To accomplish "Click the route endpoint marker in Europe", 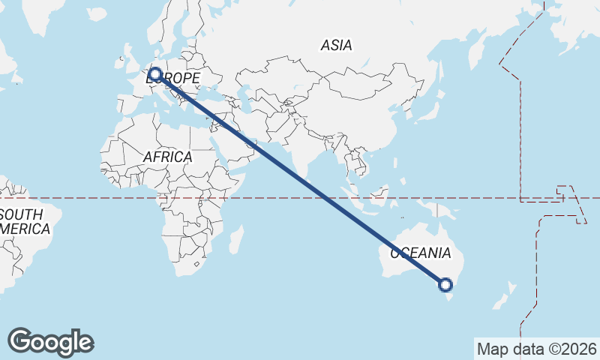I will pos(155,73).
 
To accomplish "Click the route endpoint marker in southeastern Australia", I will pos(445,284).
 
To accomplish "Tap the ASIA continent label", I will pos(336,46).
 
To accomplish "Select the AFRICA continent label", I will pos(167,157).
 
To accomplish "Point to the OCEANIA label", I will pos(421,253).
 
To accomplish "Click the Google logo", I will pos(50,342).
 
